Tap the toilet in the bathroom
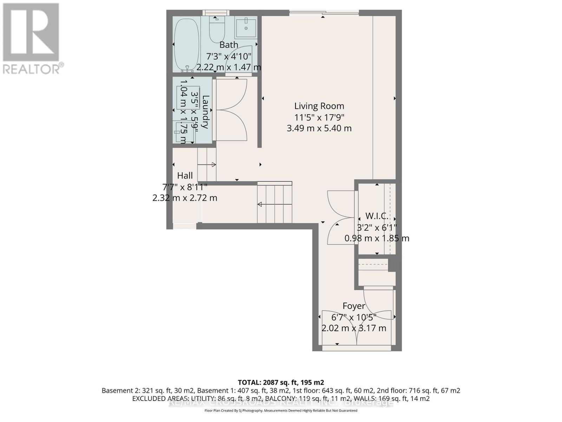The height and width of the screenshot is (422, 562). [217, 30]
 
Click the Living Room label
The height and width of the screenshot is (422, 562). [319, 106]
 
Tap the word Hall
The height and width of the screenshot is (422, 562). [185, 175]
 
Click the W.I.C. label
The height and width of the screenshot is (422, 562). [377, 216]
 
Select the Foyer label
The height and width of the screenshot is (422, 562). [354, 306]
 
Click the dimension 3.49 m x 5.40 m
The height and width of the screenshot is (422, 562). [319, 128]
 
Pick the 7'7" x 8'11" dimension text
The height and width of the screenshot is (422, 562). [185, 187]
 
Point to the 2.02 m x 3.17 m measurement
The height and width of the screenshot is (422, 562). [354, 328]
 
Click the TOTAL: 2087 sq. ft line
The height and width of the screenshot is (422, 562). [281, 382]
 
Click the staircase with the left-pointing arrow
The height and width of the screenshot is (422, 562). [275, 204]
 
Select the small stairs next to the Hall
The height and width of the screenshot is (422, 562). [207, 164]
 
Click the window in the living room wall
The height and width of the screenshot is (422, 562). [324, 13]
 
